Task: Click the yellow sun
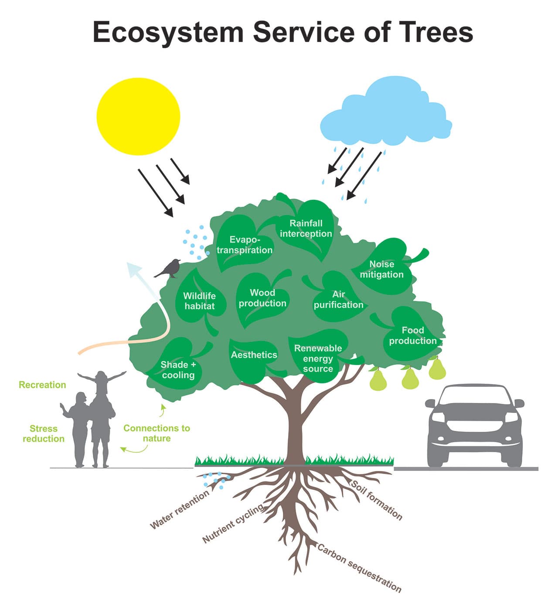(138, 116)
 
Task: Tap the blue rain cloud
(385, 116)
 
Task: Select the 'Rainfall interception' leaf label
(306, 229)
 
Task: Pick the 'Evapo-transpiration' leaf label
(245, 245)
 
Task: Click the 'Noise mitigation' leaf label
(381, 269)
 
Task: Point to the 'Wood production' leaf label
(262, 298)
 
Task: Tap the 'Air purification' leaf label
(338, 300)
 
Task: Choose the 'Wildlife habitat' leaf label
(199, 301)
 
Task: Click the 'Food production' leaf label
(412, 335)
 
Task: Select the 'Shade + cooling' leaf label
(178, 370)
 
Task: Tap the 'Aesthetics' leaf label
(254, 355)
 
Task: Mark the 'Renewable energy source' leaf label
(318, 358)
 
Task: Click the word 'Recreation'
(42, 385)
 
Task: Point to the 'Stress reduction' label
(44, 433)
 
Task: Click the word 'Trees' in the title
(436, 32)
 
